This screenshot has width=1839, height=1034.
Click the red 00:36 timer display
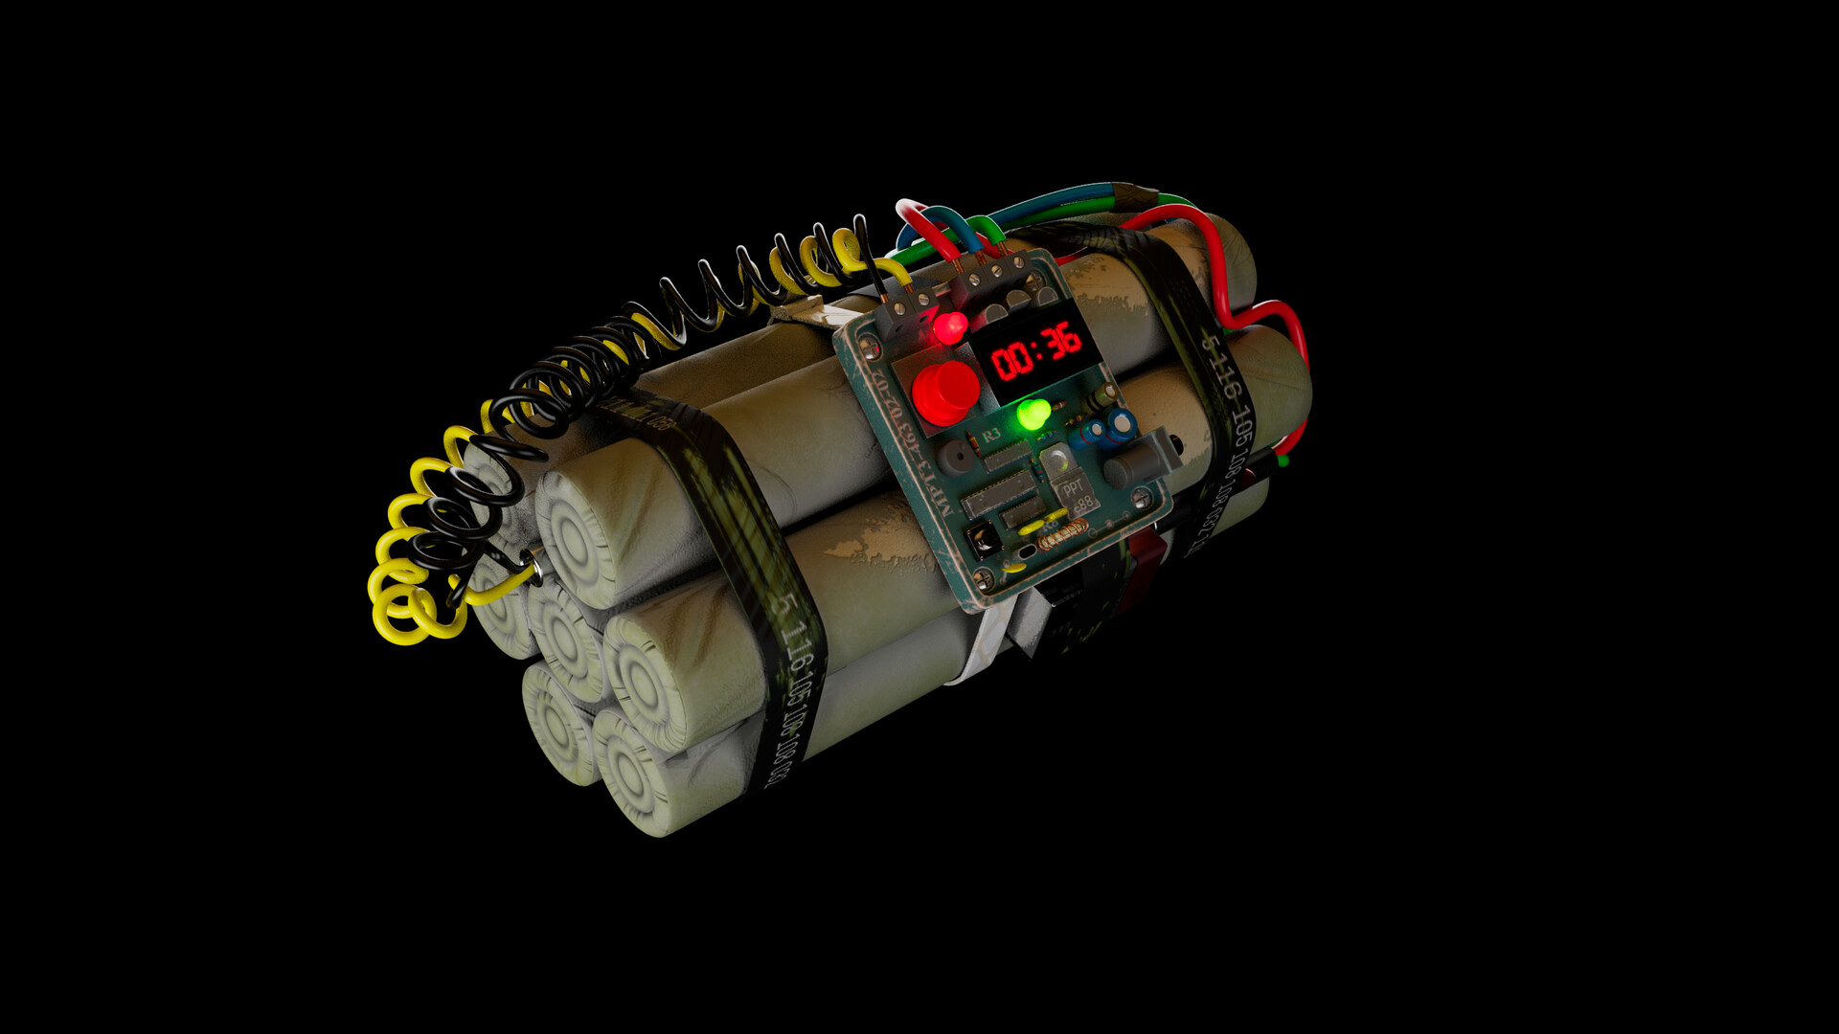(x=1036, y=350)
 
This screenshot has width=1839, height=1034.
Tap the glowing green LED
(x=1033, y=415)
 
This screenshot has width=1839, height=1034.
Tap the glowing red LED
(x=950, y=326)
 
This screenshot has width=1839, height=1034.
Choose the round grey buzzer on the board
(x=955, y=459)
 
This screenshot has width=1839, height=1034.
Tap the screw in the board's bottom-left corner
(x=983, y=578)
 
